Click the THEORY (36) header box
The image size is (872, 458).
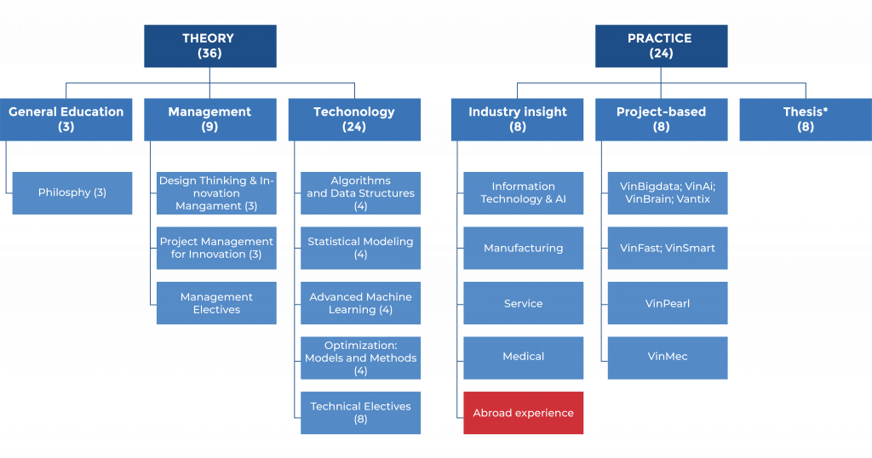[x=209, y=46]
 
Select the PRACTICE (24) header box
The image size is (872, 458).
[x=661, y=46]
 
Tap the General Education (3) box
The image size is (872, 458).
[x=66, y=119]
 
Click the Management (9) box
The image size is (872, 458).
[x=209, y=119]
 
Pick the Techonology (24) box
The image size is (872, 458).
[x=354, y=119]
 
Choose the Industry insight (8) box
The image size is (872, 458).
[x=517, y=119]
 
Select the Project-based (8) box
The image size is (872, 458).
[x=661, y=119]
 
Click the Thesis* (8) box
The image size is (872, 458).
[x=805, y=119]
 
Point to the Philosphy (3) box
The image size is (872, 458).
[x=72, y=193]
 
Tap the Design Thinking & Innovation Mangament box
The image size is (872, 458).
[x=216, y=193]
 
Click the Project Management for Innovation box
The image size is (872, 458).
[x=216, y=248]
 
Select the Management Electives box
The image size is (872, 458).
[x=216, y=303]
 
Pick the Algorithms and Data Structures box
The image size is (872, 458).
[x=360, y=193]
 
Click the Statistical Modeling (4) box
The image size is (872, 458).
[x=360, y=248]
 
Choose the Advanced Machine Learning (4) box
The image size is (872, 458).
[x=360, y=303]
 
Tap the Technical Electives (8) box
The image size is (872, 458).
[x=360, y=413]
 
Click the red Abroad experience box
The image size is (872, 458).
[x=523, y=413]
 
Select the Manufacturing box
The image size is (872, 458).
[x=523, y=248]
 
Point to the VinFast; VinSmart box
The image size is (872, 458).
[x=667, y=248]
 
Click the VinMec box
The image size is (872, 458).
[x=667, y=358]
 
